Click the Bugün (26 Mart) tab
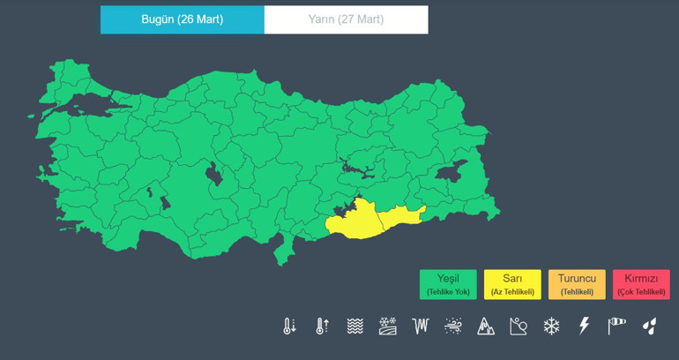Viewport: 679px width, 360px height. [182, 19]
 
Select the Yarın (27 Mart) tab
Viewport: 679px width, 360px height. [346, 19]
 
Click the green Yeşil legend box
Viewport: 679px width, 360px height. [448, 284]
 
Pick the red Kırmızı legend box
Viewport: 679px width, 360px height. [641, 284]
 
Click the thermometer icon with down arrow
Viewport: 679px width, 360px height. [289, 326]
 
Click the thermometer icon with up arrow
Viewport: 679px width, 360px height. [322, 326]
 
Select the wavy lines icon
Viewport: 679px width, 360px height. [354, 326]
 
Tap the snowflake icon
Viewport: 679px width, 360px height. [551, 326]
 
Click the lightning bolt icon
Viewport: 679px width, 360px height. [584, 326]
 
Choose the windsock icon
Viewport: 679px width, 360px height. [616, 326]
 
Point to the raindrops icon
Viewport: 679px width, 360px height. [650, 326]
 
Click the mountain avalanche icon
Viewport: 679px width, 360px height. [486, 326]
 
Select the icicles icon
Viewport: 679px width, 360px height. [420, 326]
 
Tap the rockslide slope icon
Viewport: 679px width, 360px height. [519, 326]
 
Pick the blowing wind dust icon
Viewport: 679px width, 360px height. [453, 326]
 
